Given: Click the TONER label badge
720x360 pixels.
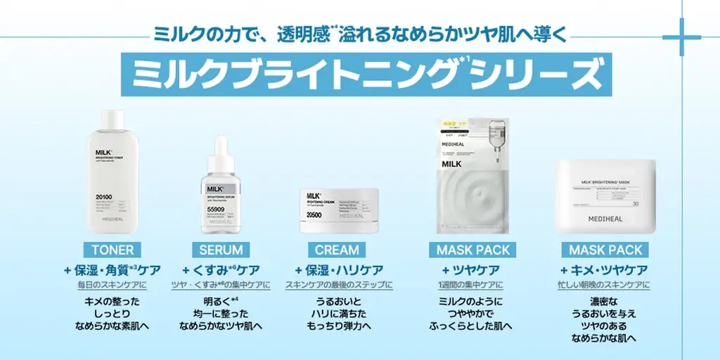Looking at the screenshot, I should [112, 250].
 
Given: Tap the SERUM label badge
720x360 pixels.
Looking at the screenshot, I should [221, 250].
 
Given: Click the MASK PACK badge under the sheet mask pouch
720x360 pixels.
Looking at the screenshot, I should [473, 250].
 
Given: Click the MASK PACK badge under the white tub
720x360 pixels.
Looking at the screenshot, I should [606, 250].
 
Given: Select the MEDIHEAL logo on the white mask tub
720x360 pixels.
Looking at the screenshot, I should [605, 219].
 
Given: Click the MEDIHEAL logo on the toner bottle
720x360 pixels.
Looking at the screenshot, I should [112, 219].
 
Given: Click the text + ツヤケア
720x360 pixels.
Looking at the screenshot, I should [470, 270].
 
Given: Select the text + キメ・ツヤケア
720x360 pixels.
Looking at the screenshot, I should [604, 270].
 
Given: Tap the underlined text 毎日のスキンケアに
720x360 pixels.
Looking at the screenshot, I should [112, 285].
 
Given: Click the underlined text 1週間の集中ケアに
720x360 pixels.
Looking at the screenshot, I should [470, 285].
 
